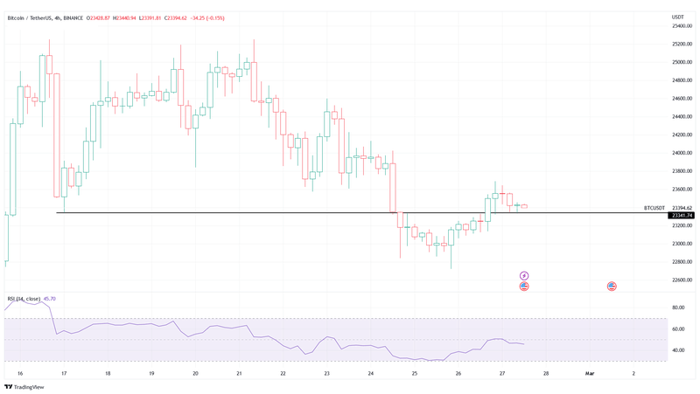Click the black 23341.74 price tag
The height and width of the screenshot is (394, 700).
tap(681, 215)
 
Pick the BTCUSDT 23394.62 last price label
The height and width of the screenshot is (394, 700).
tap(668, 208)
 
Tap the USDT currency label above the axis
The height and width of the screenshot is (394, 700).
tap(677, 17)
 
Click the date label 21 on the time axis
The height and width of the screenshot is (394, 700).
tap(239, 373)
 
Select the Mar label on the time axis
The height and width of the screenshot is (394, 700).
tap(590, 373)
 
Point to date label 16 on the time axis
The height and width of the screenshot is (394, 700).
tap(19, 373)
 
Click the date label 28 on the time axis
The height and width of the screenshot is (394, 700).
tap(546, 373)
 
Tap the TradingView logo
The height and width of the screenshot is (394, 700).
tap(24, 386)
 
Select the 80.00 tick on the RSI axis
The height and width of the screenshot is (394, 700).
tap(678, 308)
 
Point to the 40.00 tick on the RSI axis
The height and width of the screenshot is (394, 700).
tap(678, 350)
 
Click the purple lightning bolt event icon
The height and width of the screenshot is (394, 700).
tap(524, 275)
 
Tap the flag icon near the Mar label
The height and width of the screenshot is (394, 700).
tap(612, 286)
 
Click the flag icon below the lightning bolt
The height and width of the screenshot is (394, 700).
tap(524, 286)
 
